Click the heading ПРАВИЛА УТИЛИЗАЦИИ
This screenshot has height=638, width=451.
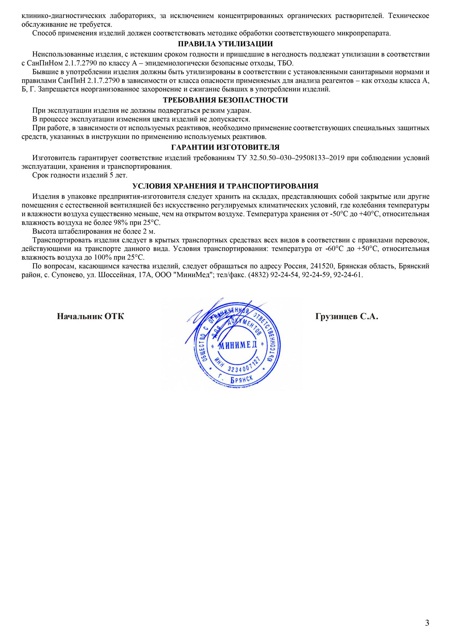[x=225, y=44]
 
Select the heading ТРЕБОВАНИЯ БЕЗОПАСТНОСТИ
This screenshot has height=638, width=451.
[x=225, y=100]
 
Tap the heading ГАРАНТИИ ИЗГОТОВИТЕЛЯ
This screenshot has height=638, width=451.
[x=225, y=147]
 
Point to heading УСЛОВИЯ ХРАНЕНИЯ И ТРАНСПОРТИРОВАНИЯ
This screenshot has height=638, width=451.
[x=225, y=186]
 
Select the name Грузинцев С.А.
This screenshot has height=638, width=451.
[x=347, y=317]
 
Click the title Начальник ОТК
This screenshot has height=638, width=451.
[x=90, y=317]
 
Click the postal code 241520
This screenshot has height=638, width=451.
[x=322, y=266]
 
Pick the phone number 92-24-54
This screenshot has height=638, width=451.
[x=284, y=275]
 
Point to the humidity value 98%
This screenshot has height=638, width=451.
[x=120, y=223]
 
